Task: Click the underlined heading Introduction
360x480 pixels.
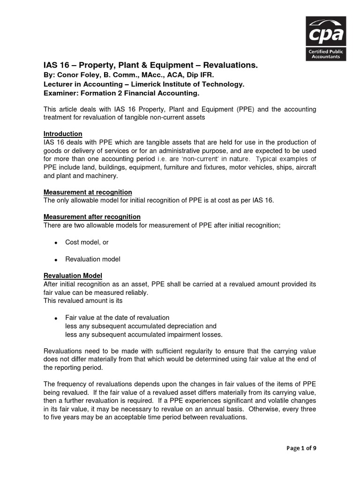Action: click(x=63, y=134)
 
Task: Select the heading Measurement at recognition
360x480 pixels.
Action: click(x=88, y=192)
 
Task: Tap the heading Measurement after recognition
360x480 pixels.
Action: click(x=92, y=217)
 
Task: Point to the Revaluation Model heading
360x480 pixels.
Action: click(x=73, y=276)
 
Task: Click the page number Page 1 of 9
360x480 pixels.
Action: click(x=301, y=448)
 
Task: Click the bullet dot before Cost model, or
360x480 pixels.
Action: click(x=56, y=243)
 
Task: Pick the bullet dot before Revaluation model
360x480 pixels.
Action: click(x=56, y=259)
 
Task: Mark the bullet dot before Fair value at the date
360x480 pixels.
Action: click(x=56, y=318)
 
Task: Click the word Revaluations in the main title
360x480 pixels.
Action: click(x=229, y=65)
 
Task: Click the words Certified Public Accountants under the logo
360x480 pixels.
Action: click(x=326, y=54)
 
